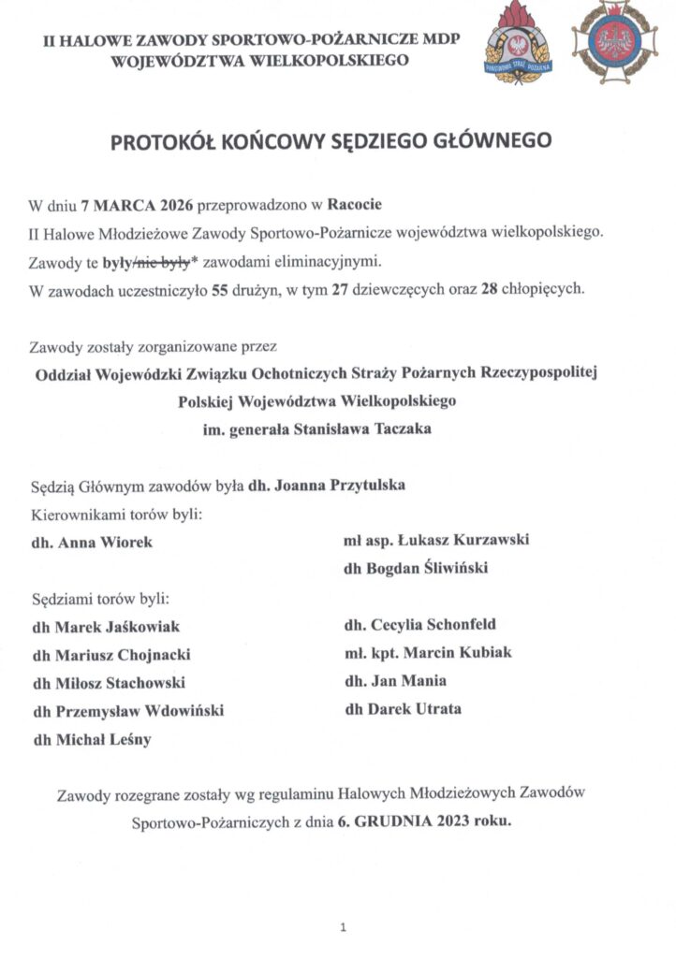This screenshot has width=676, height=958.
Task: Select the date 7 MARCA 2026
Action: point(137,203)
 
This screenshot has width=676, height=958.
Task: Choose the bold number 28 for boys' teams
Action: point(487,290)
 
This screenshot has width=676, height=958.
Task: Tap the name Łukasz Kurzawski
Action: point(478,540)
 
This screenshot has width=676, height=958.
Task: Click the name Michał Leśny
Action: point(102,739)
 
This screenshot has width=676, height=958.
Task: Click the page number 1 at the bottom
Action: point(344,927)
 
